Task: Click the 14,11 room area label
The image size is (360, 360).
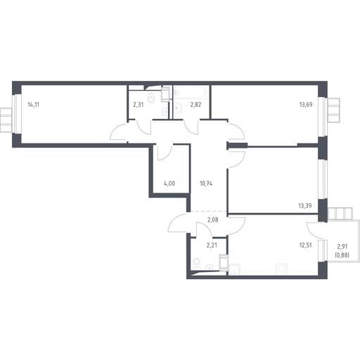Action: [x=33, y=105]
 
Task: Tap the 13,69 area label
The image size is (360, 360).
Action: [x=306, y=105]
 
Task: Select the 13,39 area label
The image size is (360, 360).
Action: [x=305, y=206]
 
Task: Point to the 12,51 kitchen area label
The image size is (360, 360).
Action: [x=306, y=245]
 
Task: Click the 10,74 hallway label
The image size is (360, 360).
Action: [x=206, y=184]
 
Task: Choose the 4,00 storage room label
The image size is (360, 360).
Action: [x=169, y=184]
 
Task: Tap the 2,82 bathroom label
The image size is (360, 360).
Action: [x=195, y=105]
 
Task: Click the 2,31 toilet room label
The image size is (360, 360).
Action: [x=138, y=105]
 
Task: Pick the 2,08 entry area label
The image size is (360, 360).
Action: [x=213, y=220]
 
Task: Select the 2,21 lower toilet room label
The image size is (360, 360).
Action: [x=212, y=245]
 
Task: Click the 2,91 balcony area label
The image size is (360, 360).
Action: [x=342, y=247]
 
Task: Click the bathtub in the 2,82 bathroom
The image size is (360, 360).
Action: [x=191, y=92]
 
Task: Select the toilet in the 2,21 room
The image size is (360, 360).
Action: [x=195, y=264]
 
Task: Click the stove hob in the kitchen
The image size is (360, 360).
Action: [x=281, y=269]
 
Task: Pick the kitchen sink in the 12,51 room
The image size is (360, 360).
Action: [x=234, y=269]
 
